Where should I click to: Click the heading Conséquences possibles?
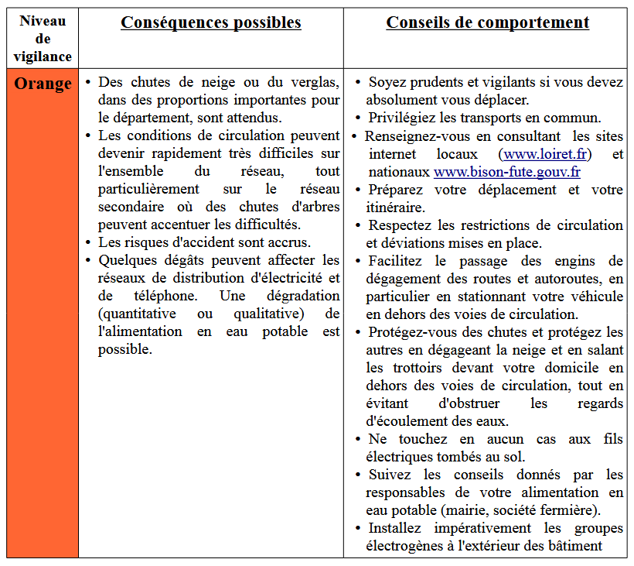(x=210, y=22)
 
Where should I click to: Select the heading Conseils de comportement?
(x=487, y=22)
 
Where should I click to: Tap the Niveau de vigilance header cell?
(x=43, y=39)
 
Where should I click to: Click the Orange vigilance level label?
(x=43, y=84)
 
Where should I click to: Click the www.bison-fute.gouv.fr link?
(x=506, y=172)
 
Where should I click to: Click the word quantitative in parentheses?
(x=137, y=314)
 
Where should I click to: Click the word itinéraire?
(x=396, y=208)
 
